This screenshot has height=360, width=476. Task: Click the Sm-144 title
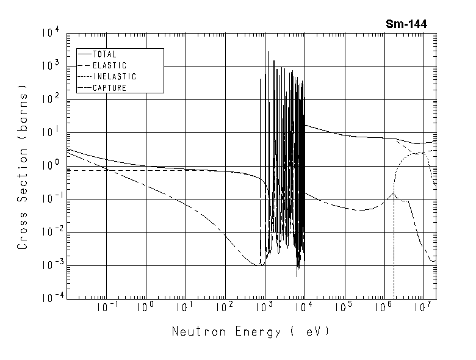(x=406, y=24)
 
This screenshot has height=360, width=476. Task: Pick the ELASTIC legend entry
(x=109, y=65)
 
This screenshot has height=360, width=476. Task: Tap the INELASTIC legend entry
(x=114, y=77)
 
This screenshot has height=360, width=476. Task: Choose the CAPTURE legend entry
(x=109, y=88)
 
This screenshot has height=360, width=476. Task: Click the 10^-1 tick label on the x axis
(x=106, y=308)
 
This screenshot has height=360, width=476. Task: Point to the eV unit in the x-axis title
(x=319, y=332)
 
